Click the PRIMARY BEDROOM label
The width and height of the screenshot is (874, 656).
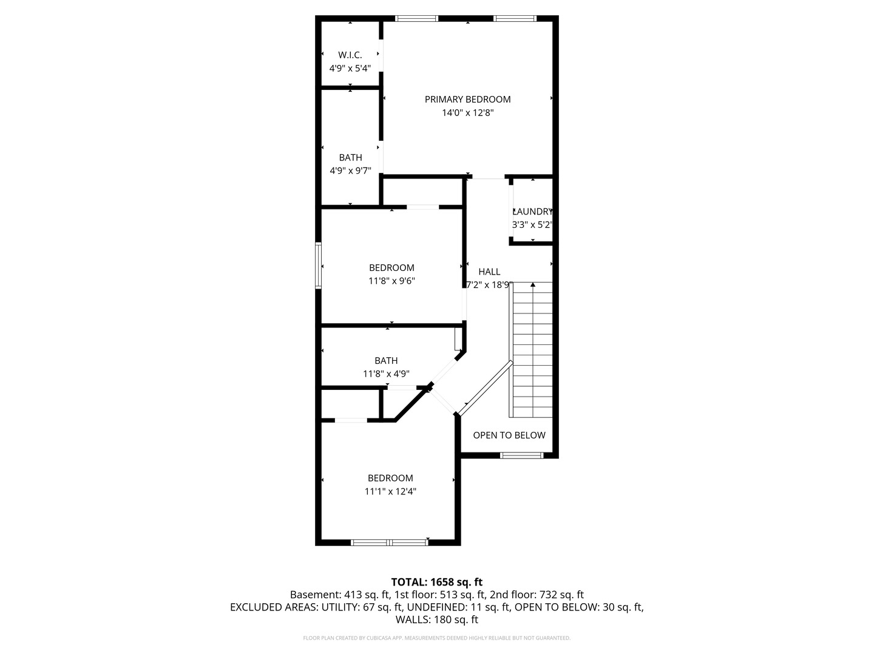point(467,99)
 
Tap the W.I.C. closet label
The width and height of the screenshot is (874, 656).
point(350,55)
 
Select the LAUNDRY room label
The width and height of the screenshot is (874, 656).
point(532,211)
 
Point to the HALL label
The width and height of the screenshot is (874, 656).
point(489,272)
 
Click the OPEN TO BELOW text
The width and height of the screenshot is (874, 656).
point(509,436)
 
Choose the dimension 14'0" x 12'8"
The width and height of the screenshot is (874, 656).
point(467,113)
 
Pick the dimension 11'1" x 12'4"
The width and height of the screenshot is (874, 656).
point(390,491)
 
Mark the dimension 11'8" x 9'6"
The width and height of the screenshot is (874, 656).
point(391,281)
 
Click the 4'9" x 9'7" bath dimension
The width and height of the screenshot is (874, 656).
point(350,171)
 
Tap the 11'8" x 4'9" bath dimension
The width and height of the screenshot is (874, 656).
point(386,374)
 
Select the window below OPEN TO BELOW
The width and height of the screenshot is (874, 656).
point(521,456)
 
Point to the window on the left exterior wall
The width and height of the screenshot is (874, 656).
point(318,265)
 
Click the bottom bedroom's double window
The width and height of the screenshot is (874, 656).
point(390,542)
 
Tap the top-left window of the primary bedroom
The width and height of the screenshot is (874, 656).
point(416,18)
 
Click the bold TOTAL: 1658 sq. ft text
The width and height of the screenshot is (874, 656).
point(437,583)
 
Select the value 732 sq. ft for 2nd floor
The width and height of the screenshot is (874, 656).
point(561,595)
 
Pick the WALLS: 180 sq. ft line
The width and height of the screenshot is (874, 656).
point(437,620)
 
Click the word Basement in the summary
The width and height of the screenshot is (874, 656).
point(315,595)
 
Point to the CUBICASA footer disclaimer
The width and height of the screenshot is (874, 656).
point(437,638)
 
